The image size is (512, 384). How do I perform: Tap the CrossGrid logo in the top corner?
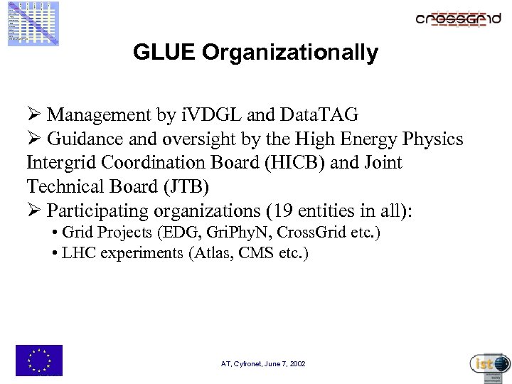[458, 19]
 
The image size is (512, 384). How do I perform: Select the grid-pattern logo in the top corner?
[33, 23]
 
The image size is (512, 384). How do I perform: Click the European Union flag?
[39, 360]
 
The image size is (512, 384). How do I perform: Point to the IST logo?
[490, 363]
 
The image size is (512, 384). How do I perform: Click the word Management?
[97, 114]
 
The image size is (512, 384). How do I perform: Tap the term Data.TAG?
[320, 114]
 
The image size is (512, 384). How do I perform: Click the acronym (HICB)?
[287, 163]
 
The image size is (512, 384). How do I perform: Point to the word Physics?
[433, 139]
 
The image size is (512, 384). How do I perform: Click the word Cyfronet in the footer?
[247, 364]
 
